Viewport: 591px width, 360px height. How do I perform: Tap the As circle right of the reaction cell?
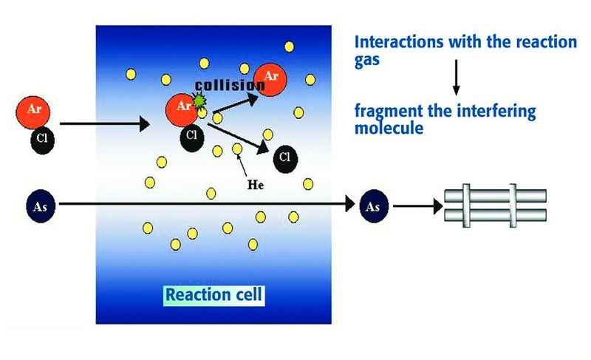tap(373, 206)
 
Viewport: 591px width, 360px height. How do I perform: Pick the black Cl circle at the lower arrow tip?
tap(285, 157)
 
